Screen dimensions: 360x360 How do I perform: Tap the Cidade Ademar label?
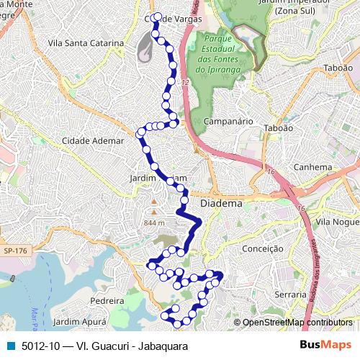point(93,140)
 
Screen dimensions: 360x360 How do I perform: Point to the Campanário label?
point(228,122)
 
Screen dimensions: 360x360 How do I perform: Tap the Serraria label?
point(291,294)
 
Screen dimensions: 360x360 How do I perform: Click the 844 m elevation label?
point(154,222)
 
